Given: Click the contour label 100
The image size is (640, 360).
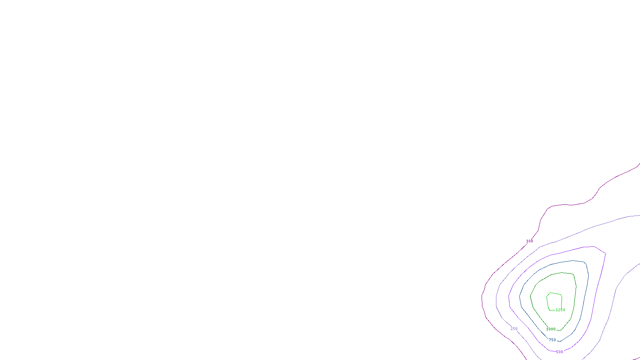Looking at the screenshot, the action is click(530, 241).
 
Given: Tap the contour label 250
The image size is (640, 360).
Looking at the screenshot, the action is click(514, 329).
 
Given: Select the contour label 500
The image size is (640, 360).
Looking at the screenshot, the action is click(560, 352).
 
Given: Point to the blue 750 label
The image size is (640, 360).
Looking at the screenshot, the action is click(552, 340).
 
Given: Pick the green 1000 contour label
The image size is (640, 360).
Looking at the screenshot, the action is click(551, 329).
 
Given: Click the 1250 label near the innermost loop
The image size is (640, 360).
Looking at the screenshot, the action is click(560, 310).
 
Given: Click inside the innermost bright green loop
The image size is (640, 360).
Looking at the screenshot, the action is click(554, 301).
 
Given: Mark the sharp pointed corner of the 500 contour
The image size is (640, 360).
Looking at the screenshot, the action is click(605, 254).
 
